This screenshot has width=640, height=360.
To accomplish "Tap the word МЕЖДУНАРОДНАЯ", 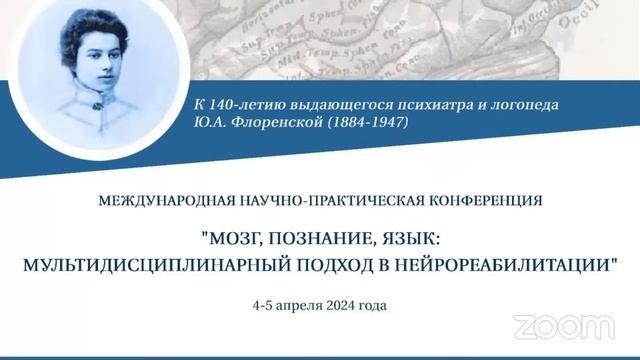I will coord(164,200).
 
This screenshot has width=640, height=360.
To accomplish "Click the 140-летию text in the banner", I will coord(243,104).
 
